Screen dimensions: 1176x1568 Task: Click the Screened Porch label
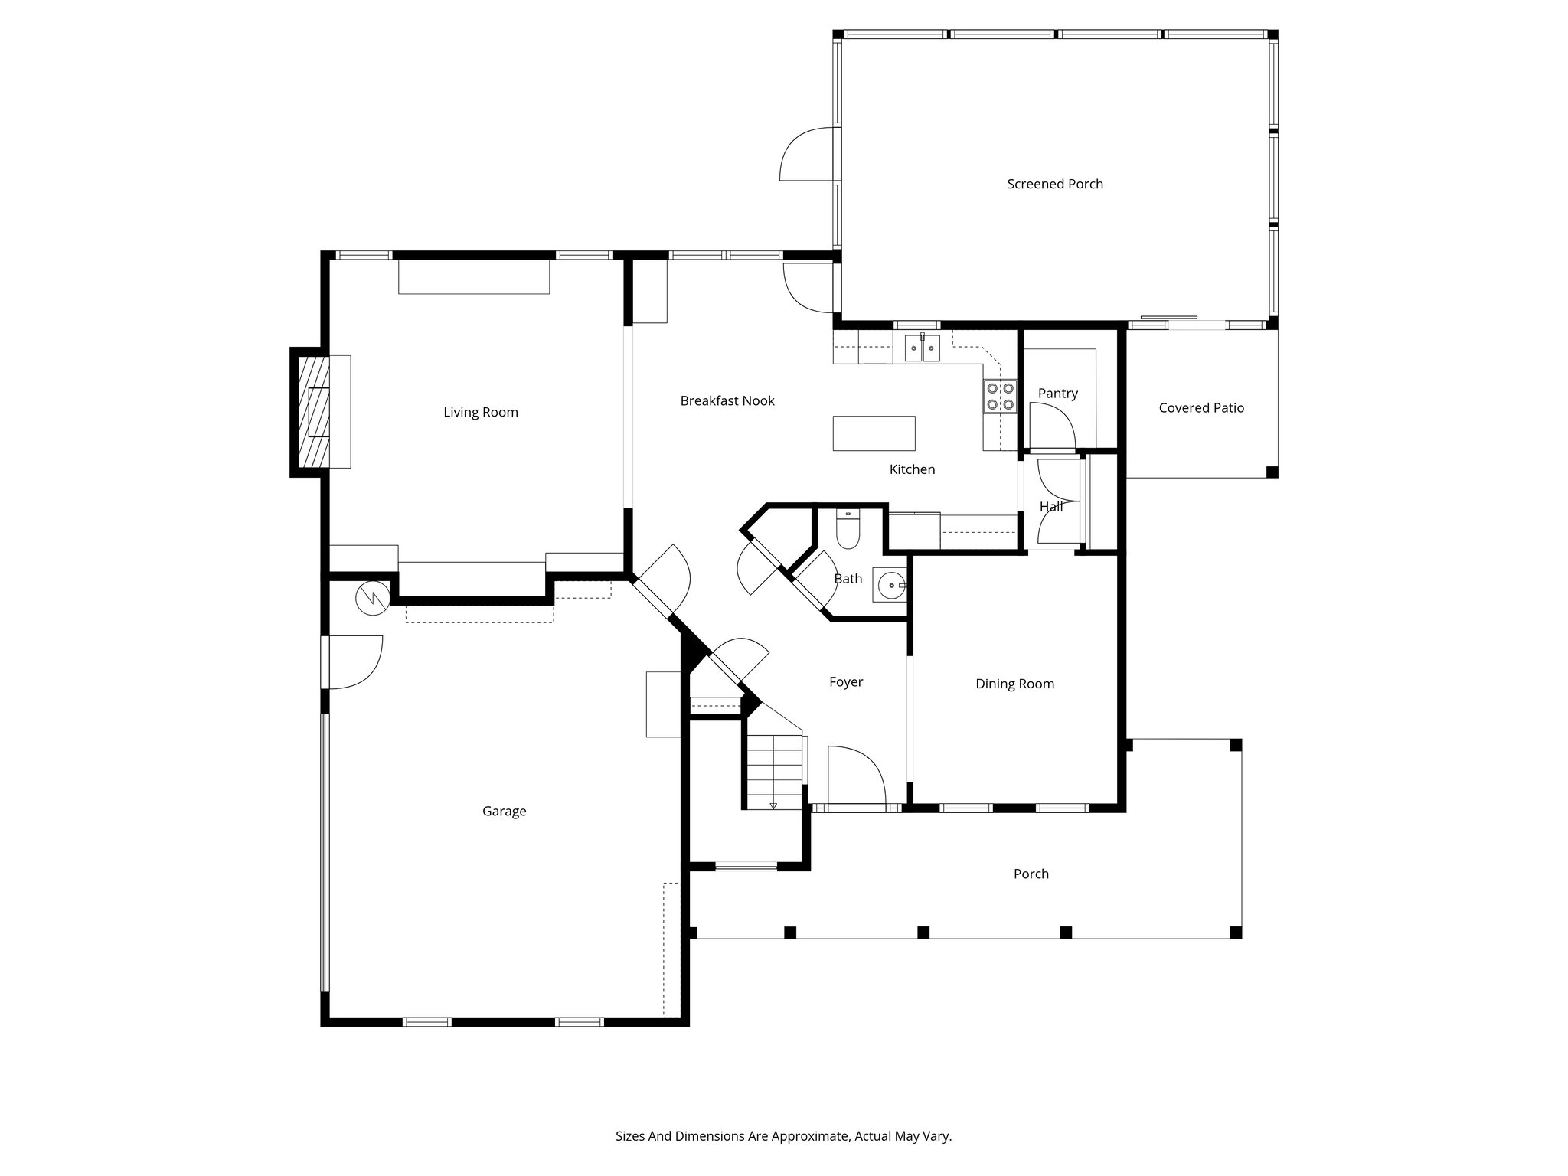click(x=1054, y=184)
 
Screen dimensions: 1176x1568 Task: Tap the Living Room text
click(x=481, y=412)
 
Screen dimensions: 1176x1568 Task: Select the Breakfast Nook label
click(x=727, y=400)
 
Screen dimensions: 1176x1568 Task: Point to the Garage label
click(x=504, y=811)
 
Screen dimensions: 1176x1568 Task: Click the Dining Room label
click(x=1014, y=684)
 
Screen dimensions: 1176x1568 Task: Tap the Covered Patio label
click(x=1200, y=408)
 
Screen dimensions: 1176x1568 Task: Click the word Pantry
click(x=1057, y=393)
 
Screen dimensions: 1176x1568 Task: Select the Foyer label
click(x=845, y=681)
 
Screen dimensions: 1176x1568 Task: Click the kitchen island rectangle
click(x=874, y=433)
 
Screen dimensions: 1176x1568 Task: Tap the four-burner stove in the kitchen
click(x=1000, y=397)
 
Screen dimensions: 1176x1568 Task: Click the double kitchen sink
click(x=922, y=348)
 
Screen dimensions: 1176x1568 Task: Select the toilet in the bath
click(x=848, y=530)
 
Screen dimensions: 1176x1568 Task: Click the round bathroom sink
click(x=890, y=586)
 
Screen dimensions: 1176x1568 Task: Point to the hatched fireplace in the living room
click(x=310, y=411)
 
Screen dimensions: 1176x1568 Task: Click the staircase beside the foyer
click(x=775, y=769)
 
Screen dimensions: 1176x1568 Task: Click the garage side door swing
click(x=354, y=661)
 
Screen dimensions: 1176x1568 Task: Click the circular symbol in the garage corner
click(x=373, y=597)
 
